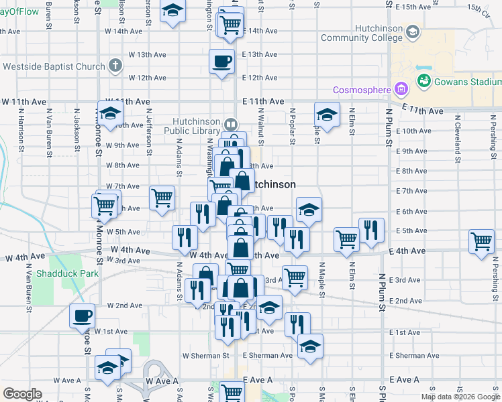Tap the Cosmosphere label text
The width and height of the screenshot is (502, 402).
tap(362, 89)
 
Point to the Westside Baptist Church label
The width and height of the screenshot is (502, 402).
tap(54, 66)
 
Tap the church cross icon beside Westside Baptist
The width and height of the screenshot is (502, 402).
tap(115, 66)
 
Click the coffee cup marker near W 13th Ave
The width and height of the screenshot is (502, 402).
tap(222, 63)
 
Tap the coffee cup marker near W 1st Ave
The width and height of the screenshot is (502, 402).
tap(83, 316)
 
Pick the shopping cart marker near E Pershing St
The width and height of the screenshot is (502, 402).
tap(481, 243)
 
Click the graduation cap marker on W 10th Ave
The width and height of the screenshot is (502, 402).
tap(111, 113)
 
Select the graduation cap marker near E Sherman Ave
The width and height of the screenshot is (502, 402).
tap(310, 347)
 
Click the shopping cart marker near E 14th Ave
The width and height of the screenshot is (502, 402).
tap(231, 25)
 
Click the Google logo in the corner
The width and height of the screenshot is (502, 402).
tap(22, 394)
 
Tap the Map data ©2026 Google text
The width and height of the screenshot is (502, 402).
tap(460, 397)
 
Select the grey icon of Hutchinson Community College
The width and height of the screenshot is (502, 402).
tap(412, 31)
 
